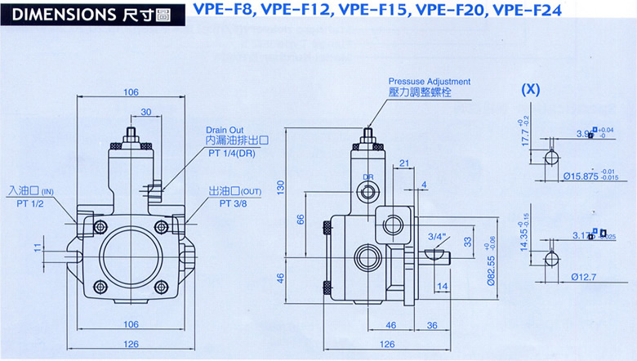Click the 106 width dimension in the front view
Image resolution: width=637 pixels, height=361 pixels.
click(x=131, y=92)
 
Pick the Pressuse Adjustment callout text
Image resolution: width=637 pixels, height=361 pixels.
click(x=429, y=82)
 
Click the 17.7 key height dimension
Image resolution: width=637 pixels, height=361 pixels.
click(x=525, y=131)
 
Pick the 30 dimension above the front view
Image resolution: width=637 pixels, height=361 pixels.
click(x=145, y=112)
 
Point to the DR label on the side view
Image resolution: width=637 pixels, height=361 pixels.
click(x=368, y=176)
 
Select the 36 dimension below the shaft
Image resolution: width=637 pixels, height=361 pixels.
click(x=432, y=325)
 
